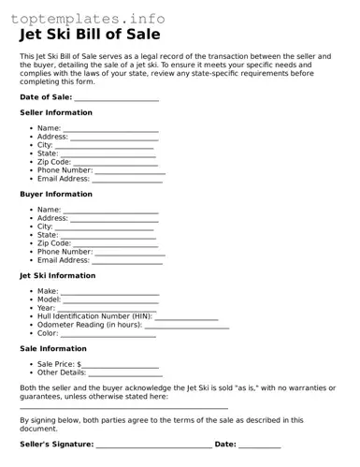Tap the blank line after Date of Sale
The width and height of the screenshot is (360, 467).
click(x=117, y=98)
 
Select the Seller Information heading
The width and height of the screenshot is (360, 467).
click(x=56, y=112)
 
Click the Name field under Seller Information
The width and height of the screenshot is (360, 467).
click(x=110, y=129)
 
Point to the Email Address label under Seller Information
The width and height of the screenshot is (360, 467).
click(x=63, y=178)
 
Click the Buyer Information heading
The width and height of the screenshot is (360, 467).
click(x=56, y=195)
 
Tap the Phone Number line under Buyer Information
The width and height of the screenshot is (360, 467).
click(x=130, y=253)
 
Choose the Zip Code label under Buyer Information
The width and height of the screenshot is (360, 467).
click(x=54, y=243)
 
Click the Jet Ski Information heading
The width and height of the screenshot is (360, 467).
click(x=58, y=276)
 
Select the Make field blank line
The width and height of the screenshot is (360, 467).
click(x=110, y=293)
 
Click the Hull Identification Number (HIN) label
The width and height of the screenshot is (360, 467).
click(x=94, y=316)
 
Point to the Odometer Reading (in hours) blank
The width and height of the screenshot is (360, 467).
click(x=186, y=326)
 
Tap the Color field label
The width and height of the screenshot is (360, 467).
click(x=48, y=333)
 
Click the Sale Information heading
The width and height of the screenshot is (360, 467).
click(x=53, y=349)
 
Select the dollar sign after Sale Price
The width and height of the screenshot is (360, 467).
click(x=79, y=364)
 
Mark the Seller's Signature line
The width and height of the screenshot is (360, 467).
click(x=153, y=445)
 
